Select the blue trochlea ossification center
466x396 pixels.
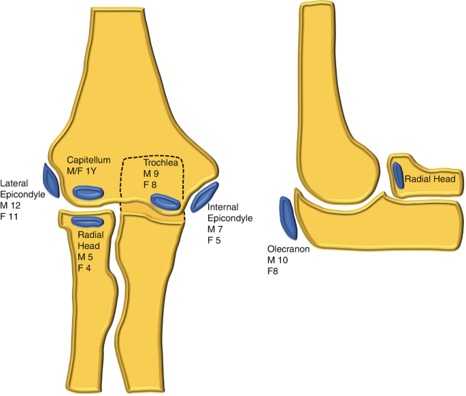[165, 201]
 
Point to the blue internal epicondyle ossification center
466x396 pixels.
[205, 196]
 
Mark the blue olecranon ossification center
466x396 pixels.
[288, 217]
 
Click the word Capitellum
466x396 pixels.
[88, 160]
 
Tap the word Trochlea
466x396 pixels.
[159, 164]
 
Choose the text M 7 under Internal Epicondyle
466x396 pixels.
[215, 230]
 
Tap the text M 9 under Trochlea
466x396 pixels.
[151, 174]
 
